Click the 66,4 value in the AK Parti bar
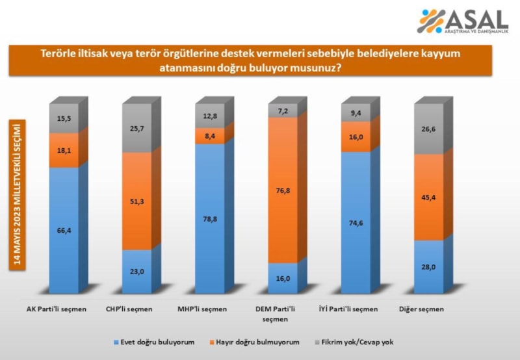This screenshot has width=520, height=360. click(64, 229)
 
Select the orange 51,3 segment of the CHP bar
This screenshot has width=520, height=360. click(137, 201)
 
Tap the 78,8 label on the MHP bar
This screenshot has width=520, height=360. click(210, 219)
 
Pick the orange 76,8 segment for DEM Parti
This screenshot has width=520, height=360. click(283, 190)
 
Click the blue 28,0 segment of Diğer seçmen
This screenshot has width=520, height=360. click(428, 266)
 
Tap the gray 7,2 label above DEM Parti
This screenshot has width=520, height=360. click(283, 110)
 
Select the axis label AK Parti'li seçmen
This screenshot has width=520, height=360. click(60, 309)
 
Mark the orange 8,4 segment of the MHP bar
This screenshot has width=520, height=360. click(210, 136)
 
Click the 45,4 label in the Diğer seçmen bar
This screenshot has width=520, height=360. click(428, 197)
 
